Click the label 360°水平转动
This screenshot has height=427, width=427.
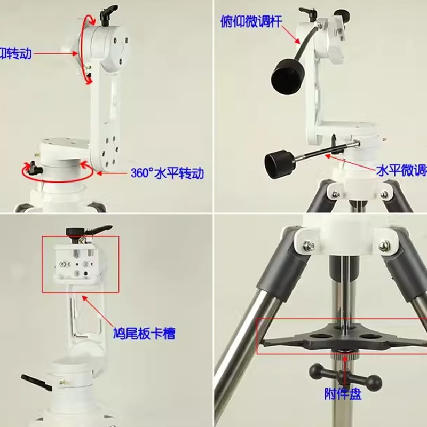coord(167,173)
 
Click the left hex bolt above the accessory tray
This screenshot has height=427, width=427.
coord(308,246)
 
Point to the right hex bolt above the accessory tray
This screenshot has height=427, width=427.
coord(384,246)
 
